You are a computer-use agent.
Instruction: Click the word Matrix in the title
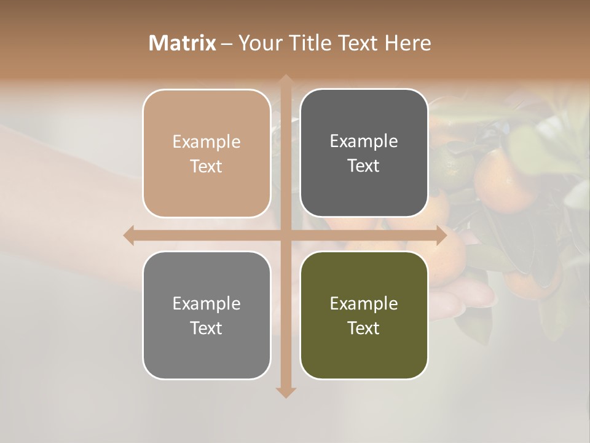click(x=183, y=43)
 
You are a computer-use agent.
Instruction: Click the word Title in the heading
click(x=312, y=43)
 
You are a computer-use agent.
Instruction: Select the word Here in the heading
click(x=408, y=43)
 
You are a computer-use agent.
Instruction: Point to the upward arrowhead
click(x=286, y=80)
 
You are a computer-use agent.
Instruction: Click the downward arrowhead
click(x=286, y=392)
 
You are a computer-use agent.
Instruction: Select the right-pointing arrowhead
click(x=441, y=236)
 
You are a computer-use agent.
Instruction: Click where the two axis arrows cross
click(x=286, y=236)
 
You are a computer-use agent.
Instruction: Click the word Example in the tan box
click(x=206, y=142)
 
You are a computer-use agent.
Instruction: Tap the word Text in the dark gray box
click(x=364, y=166)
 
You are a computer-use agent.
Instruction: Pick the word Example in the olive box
click(x=364, y=303)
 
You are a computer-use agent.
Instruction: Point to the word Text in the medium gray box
click(x=206, y=328)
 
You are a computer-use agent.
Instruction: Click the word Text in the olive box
click(x=364, y=328)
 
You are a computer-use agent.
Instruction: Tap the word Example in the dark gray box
click(x=364, y=142)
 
